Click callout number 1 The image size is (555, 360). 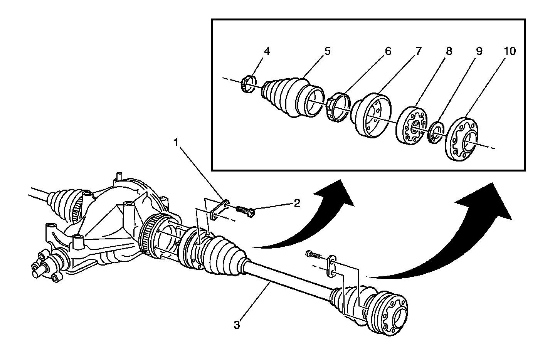click(x=176, y=143)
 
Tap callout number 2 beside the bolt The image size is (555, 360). click(x=297, y=203)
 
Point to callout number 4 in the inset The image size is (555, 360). click(x=267, y=51)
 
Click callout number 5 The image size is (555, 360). click(x=327, y=51)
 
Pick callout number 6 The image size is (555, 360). click(x=387, y=51)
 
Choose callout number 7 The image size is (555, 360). click(x=418, y=51)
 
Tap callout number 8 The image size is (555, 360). click(x=448, y=51)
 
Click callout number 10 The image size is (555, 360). click(x=509, y=51)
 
